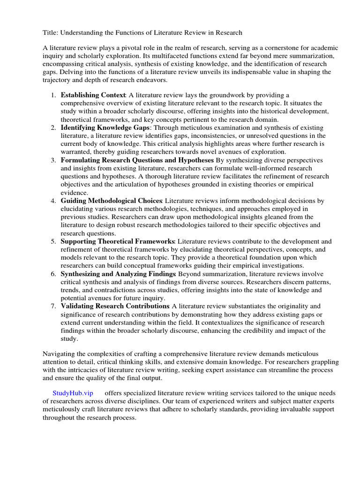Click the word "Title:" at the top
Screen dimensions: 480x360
(x=51, y=32)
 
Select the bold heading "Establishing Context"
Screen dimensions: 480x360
(x=93, y=95)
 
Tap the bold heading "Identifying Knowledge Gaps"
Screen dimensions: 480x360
(x=105, y=127)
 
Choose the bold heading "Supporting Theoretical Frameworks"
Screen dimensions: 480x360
(x=117, y=241)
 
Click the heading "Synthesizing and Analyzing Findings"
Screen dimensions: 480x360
(x=118, y=273)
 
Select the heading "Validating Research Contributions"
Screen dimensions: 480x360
(x=115, y=306)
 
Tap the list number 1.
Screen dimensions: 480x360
(x=53, y=95)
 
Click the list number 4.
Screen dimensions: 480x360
(x=53, y=201)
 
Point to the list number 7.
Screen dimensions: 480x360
(x=53, y=306)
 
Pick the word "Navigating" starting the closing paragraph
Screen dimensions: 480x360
(x=60, y=354)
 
